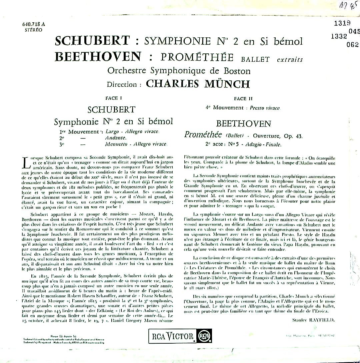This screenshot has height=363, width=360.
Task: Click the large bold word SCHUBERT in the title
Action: pos(92,41)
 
